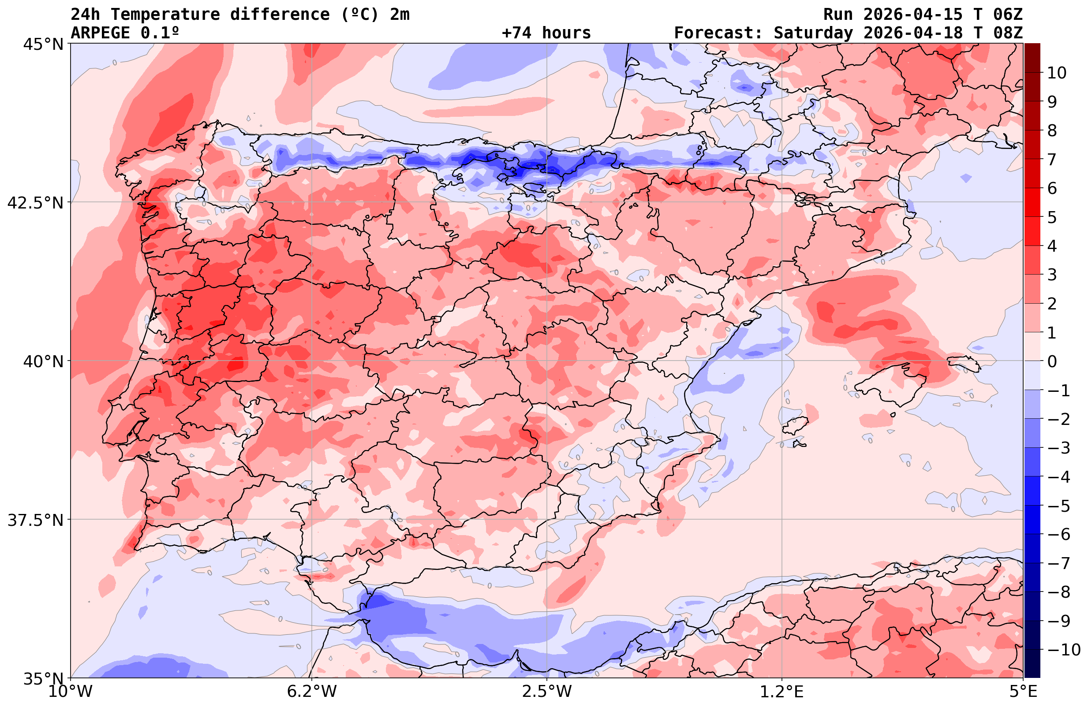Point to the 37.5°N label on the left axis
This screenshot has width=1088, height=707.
pyautogui.click(x=35, y=520)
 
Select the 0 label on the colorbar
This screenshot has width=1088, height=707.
pyautogui.click(x=1052, y=361)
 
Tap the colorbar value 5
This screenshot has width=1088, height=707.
pyautogui.click(x=1052, y=217)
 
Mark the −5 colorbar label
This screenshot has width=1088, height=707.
pyautogui.click(x=1058, y=506)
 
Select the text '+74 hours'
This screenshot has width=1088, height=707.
pyautogui.click(x=546, y=33)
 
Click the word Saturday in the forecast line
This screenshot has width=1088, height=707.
pyautogui.click(x=813, y=33)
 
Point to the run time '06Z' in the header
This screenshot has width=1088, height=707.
pyautogui.click(x=1008, y=15)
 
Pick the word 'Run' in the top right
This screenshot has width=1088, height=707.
pyautogui.click(x=838, y=15)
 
